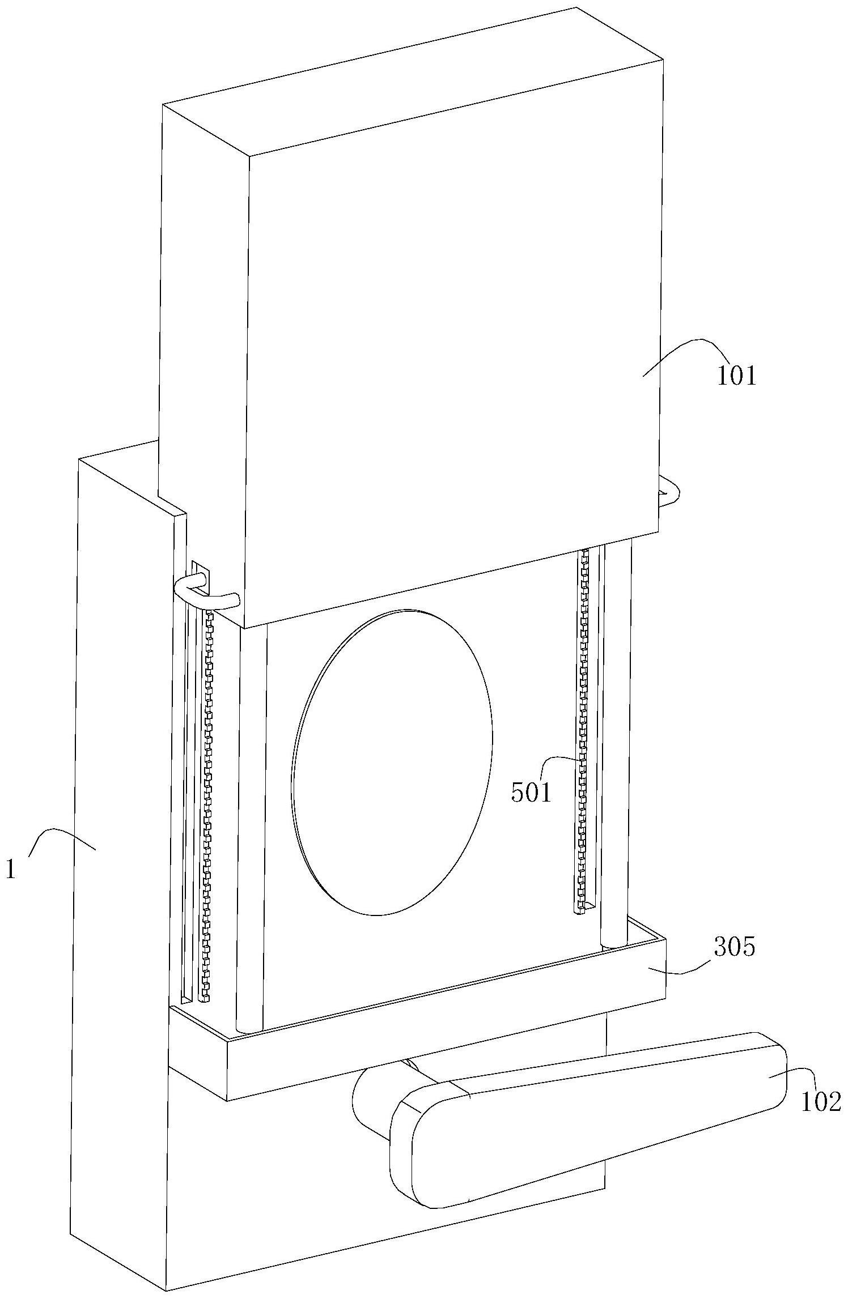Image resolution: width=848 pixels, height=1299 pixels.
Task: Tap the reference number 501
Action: point(531,793)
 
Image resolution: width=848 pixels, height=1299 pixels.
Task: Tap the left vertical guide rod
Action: point(251,821)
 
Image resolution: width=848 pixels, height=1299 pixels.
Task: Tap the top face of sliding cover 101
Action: point(414,79)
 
